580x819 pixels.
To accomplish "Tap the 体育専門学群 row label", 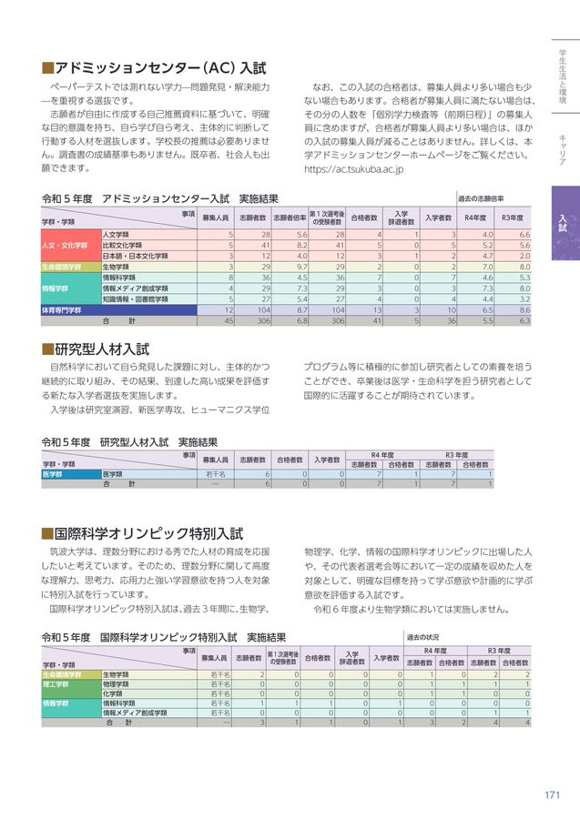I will tap(62, 310).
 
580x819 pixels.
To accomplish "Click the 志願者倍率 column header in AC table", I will tap(289, 218).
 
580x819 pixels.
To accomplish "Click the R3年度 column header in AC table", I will tap(512, 218).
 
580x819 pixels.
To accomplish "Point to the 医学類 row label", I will tap(112, 474).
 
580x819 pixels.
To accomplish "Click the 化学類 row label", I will tap(113, 693).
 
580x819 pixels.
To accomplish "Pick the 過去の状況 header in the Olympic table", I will tap(423, 638).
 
